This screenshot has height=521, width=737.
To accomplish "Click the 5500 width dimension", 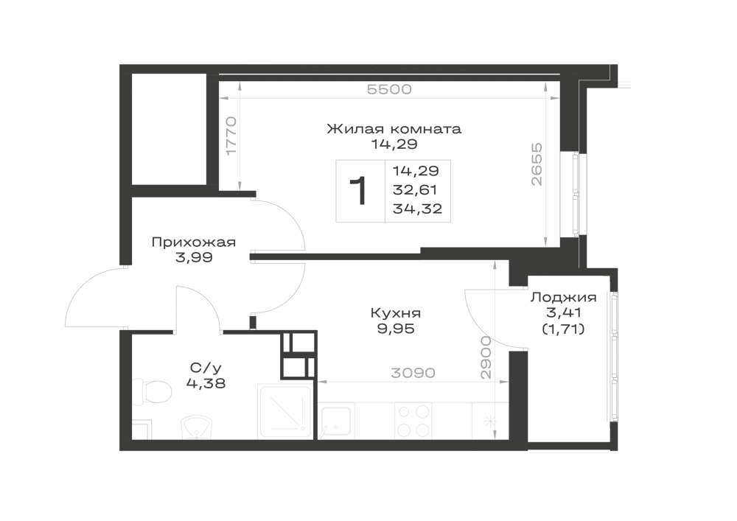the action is (x=389, y=89).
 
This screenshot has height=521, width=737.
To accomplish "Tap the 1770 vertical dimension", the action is (x=231, y=136).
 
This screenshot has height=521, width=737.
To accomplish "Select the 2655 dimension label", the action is (x=537, y=164).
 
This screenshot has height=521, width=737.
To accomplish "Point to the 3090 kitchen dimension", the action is (x=413, y=373).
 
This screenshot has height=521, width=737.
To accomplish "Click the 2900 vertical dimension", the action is (x=486, y=357).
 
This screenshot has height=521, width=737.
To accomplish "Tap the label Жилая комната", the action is (x=394, y=129).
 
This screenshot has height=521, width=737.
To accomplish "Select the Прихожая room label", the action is (x=194, y=242).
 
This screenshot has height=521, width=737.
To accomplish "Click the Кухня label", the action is (x=396, y=313).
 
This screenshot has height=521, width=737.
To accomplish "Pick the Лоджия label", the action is (x=564, y=298).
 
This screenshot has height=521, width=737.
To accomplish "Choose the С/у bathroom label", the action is (x=206, y=367).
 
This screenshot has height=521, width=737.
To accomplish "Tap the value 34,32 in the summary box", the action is (x=417, y=209).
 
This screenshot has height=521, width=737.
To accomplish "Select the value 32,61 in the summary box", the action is (x=415, y=190).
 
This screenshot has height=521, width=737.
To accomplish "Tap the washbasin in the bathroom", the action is (x=197, y=427).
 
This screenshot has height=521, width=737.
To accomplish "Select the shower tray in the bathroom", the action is (x=284, y=411).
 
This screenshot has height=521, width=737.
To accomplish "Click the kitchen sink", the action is (x=335, y=422).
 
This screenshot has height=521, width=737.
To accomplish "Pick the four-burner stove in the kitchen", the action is (x=414, y=421).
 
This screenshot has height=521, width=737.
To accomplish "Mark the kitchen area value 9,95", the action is (x=396, y=329).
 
